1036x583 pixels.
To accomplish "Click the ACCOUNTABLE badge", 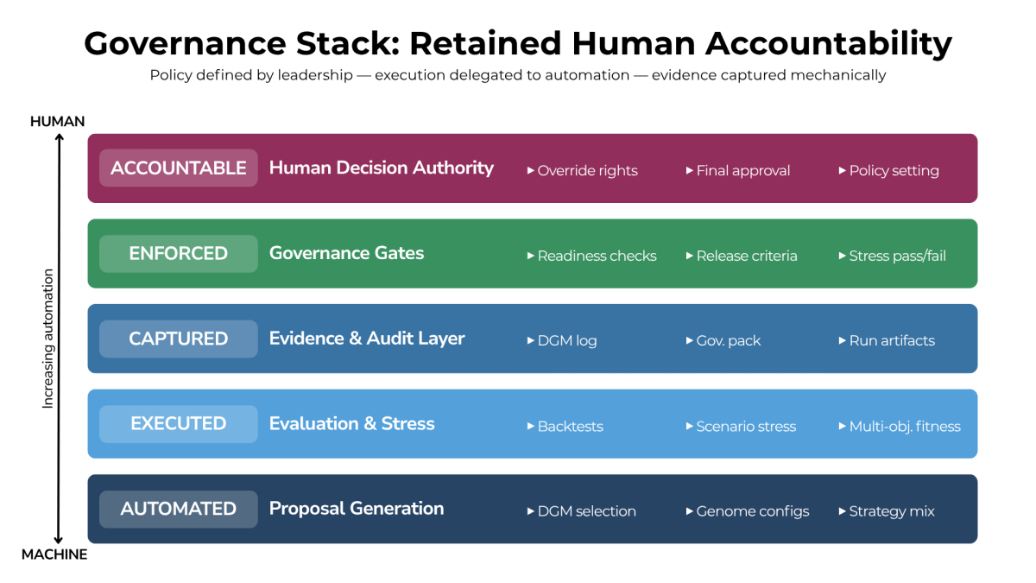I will coord(179,168).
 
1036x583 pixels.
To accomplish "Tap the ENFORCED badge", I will coord(179,254).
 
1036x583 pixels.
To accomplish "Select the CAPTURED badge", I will coord(179,339).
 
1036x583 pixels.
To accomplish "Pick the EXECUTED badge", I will coord(179,424).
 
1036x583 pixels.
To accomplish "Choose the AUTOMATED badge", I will coord(179,509).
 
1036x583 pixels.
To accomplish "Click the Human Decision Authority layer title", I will coord(381,168).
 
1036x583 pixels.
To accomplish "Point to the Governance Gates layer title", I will coord(346,253).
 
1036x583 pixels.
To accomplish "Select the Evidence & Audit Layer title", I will coord(367,339).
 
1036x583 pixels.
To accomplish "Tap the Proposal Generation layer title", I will coord(356,509).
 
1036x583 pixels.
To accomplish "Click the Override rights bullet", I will coord(583,171).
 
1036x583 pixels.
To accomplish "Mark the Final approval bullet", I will coord(738,171).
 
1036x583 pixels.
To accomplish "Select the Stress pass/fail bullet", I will coord(893,257).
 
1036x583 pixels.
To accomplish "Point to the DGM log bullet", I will coord(562,341).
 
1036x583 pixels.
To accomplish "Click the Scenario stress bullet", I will coord(741,427).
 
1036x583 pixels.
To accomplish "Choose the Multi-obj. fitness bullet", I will coord(900,427).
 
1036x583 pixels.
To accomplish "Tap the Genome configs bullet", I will coord(748,511).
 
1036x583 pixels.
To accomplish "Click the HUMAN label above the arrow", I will coord(57,122).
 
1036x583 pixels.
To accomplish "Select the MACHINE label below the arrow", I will coord(54,554).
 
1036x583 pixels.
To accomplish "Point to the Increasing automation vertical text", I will coord(48,339).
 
